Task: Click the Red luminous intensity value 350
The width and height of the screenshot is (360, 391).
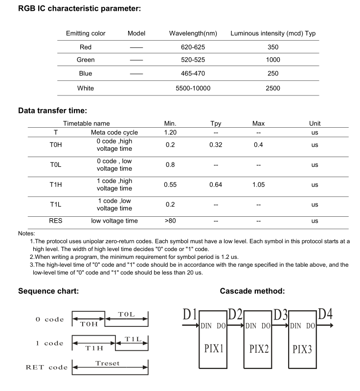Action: point(273,47)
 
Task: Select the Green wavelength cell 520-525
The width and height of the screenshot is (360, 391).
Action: point(193,60)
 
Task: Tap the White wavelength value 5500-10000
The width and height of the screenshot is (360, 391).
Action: point(193,88)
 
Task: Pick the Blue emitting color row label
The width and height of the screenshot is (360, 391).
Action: point(86,74)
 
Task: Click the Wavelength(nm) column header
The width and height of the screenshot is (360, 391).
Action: point(193,34)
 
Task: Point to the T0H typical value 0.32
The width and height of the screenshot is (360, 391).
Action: point(216,145)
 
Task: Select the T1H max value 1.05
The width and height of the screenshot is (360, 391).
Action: point(259,185)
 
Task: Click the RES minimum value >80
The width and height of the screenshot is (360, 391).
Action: point(170,221)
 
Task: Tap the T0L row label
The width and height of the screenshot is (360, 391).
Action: point(55,165)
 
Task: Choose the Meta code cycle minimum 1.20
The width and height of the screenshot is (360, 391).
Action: point(170,133)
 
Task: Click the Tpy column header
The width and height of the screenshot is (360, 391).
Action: point(216,124)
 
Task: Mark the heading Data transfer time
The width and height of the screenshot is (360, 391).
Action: point(52,111)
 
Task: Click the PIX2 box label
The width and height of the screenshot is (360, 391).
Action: point(259,349)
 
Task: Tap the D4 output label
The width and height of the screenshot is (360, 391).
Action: point(325,314)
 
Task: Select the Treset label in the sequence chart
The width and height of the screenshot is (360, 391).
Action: point(107,364)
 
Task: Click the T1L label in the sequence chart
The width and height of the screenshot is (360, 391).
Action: point(133,339)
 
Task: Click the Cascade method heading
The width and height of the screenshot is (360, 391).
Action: point(252,291)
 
